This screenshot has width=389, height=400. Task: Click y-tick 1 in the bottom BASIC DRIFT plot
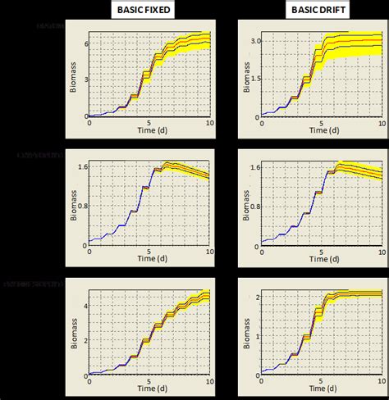[x=256, y=334]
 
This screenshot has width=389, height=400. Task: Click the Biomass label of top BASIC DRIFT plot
[x=243, y=75]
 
